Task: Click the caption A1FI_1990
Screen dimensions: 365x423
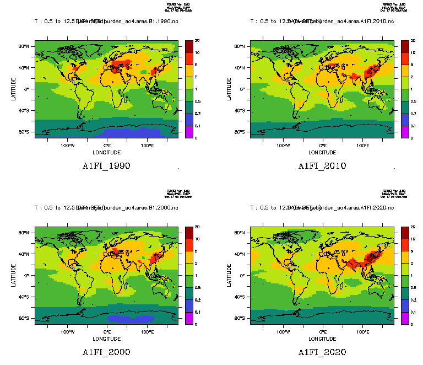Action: pos(106,166)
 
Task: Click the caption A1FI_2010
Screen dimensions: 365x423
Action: pos(322,166)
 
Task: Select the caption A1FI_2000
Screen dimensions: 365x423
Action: pos(106,352)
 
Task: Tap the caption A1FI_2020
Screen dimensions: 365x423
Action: pos(322,352)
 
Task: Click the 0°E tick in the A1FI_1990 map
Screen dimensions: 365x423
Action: pos(107,146)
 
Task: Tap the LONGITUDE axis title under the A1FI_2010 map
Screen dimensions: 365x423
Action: pos(322,152)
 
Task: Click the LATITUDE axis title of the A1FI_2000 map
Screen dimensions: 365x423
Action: pos(14,275)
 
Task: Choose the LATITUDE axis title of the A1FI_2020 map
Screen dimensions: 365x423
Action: pos(230,275)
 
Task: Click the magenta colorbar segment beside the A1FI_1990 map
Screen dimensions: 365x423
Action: pos(188,132)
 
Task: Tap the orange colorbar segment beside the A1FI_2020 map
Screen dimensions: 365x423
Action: pos(404,257)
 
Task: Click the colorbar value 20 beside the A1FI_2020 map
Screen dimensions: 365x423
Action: pos(413,227)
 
